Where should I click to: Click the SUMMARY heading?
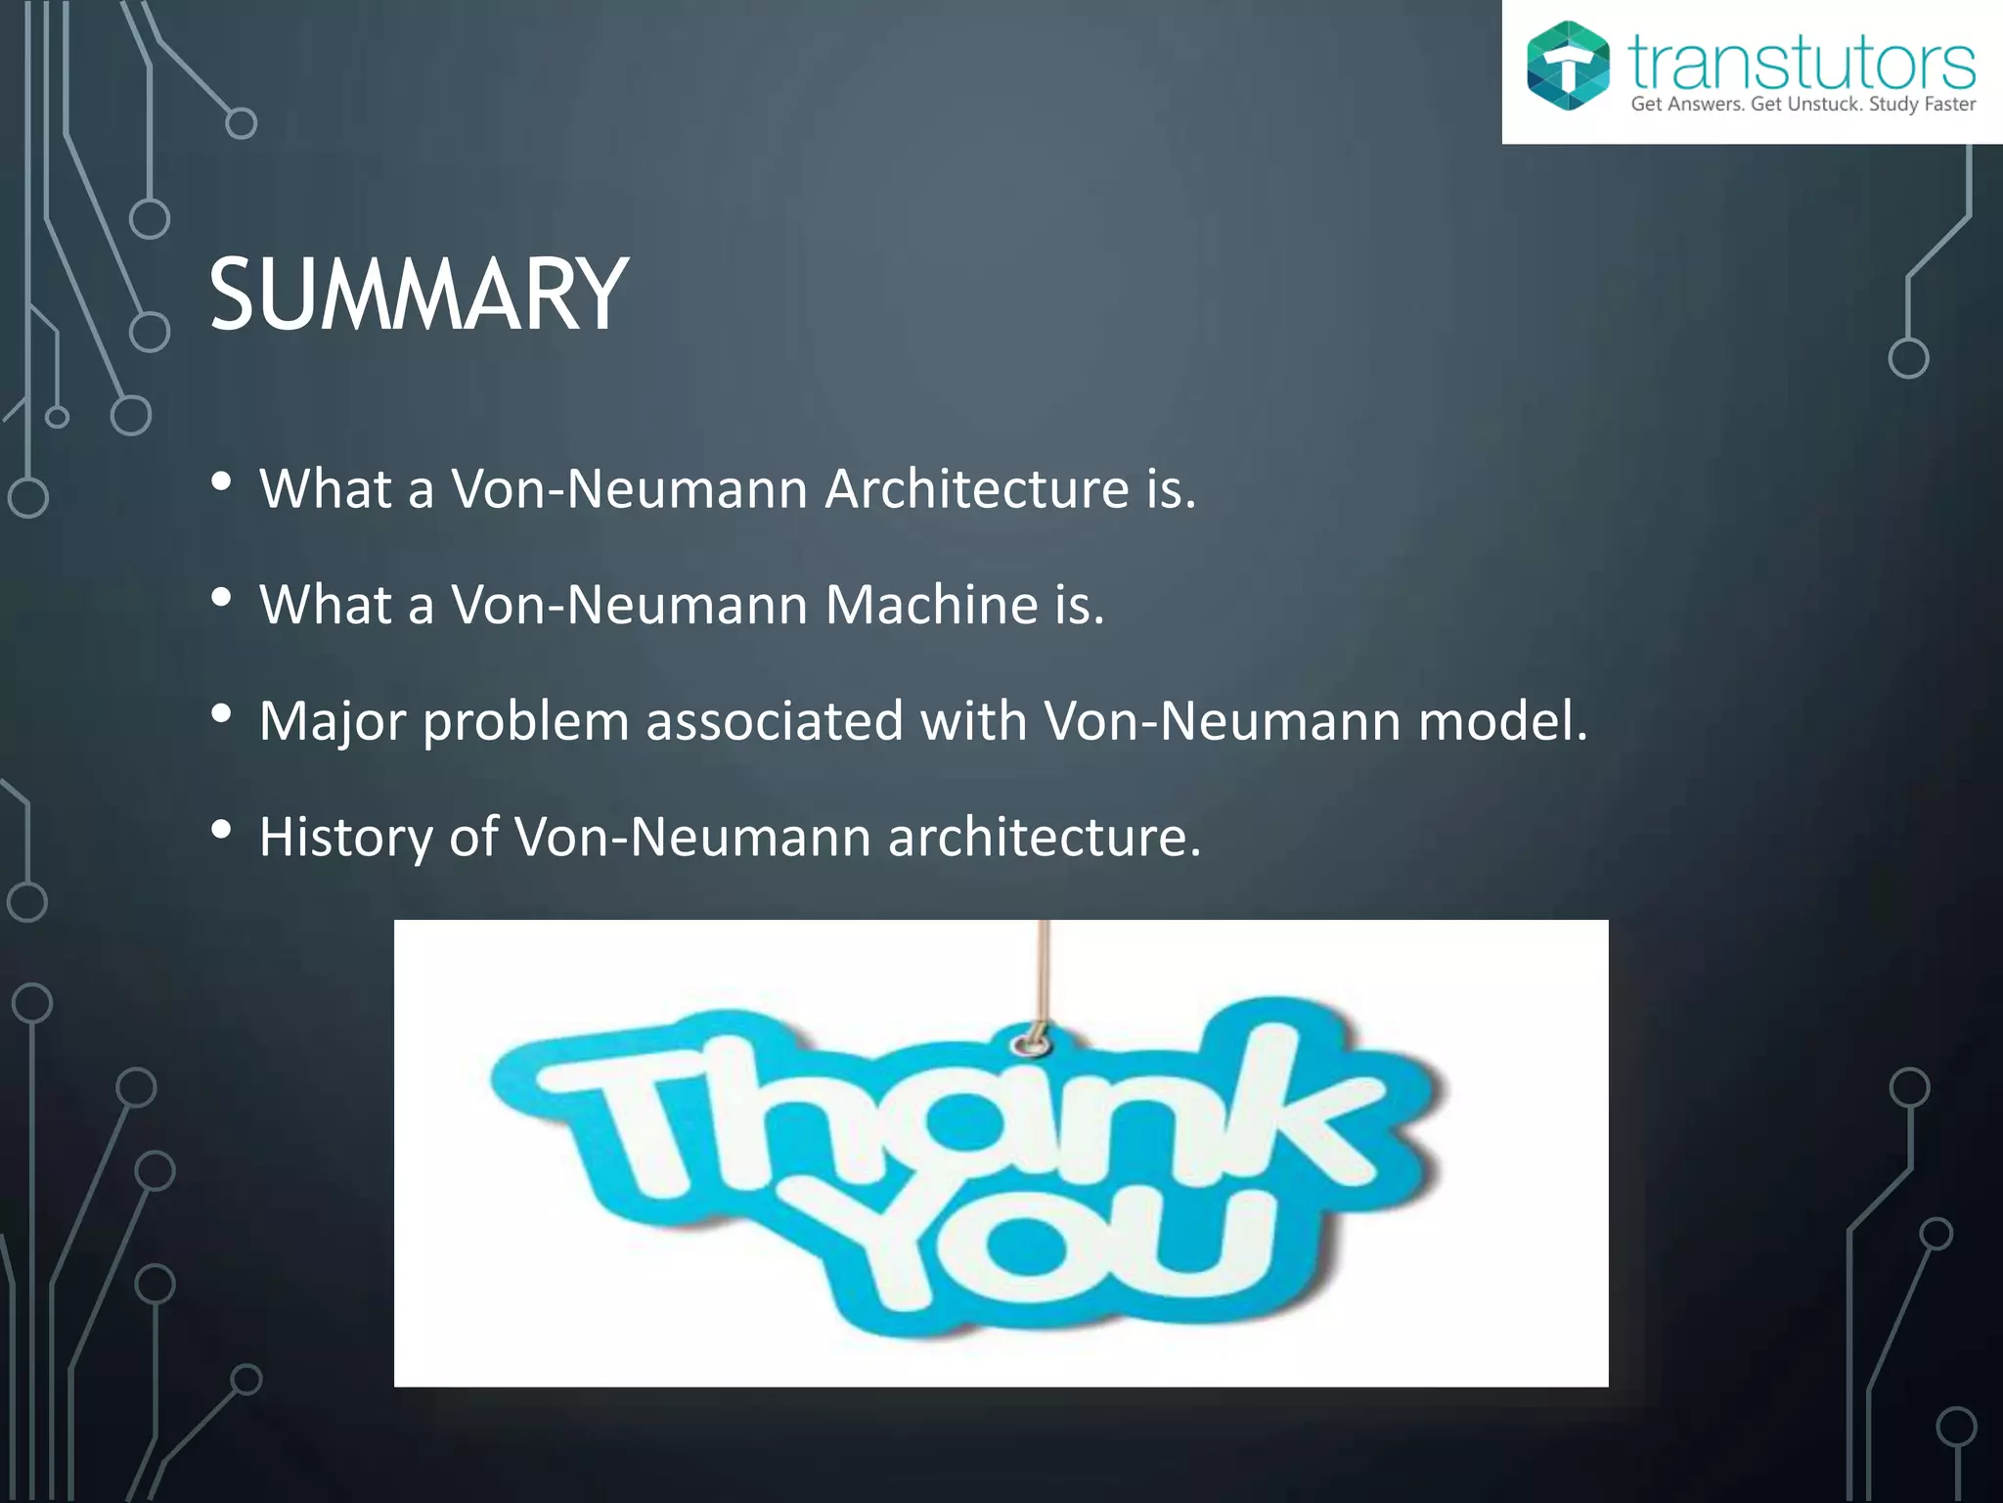[419, 295]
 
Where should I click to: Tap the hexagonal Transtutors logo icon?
[1568, 66]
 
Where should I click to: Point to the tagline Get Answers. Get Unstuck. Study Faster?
[1803, 105]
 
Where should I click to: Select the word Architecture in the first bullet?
[977, 488]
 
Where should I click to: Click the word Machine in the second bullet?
[930, 605]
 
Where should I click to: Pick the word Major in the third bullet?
[333, 722]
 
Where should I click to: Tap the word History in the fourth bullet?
[346, 838]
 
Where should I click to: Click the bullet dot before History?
[221, 831]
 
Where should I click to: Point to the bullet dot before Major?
[221, 714]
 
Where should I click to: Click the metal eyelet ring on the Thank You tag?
[1030, 1044]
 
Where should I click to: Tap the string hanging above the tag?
[1044, 969]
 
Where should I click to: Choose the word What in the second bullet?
[325, 605]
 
